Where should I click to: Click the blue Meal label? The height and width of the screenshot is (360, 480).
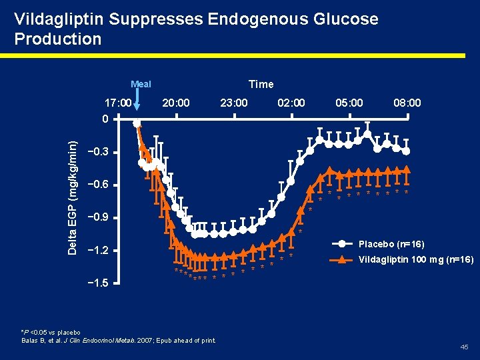pos(141,84)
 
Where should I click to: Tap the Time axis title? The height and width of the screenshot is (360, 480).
pos(261,84)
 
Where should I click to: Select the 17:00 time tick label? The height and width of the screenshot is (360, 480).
pos(118,103)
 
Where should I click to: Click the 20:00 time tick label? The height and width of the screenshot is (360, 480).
pos(176,103)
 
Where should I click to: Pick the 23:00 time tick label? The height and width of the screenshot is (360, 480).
pos(234,103)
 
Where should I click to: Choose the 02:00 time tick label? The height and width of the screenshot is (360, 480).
pos(291,103)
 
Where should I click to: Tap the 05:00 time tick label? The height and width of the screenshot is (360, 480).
pos(349,103)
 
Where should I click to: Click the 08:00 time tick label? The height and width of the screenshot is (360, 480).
pos(407,103)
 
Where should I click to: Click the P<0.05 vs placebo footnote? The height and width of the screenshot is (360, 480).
pos(51,332)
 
